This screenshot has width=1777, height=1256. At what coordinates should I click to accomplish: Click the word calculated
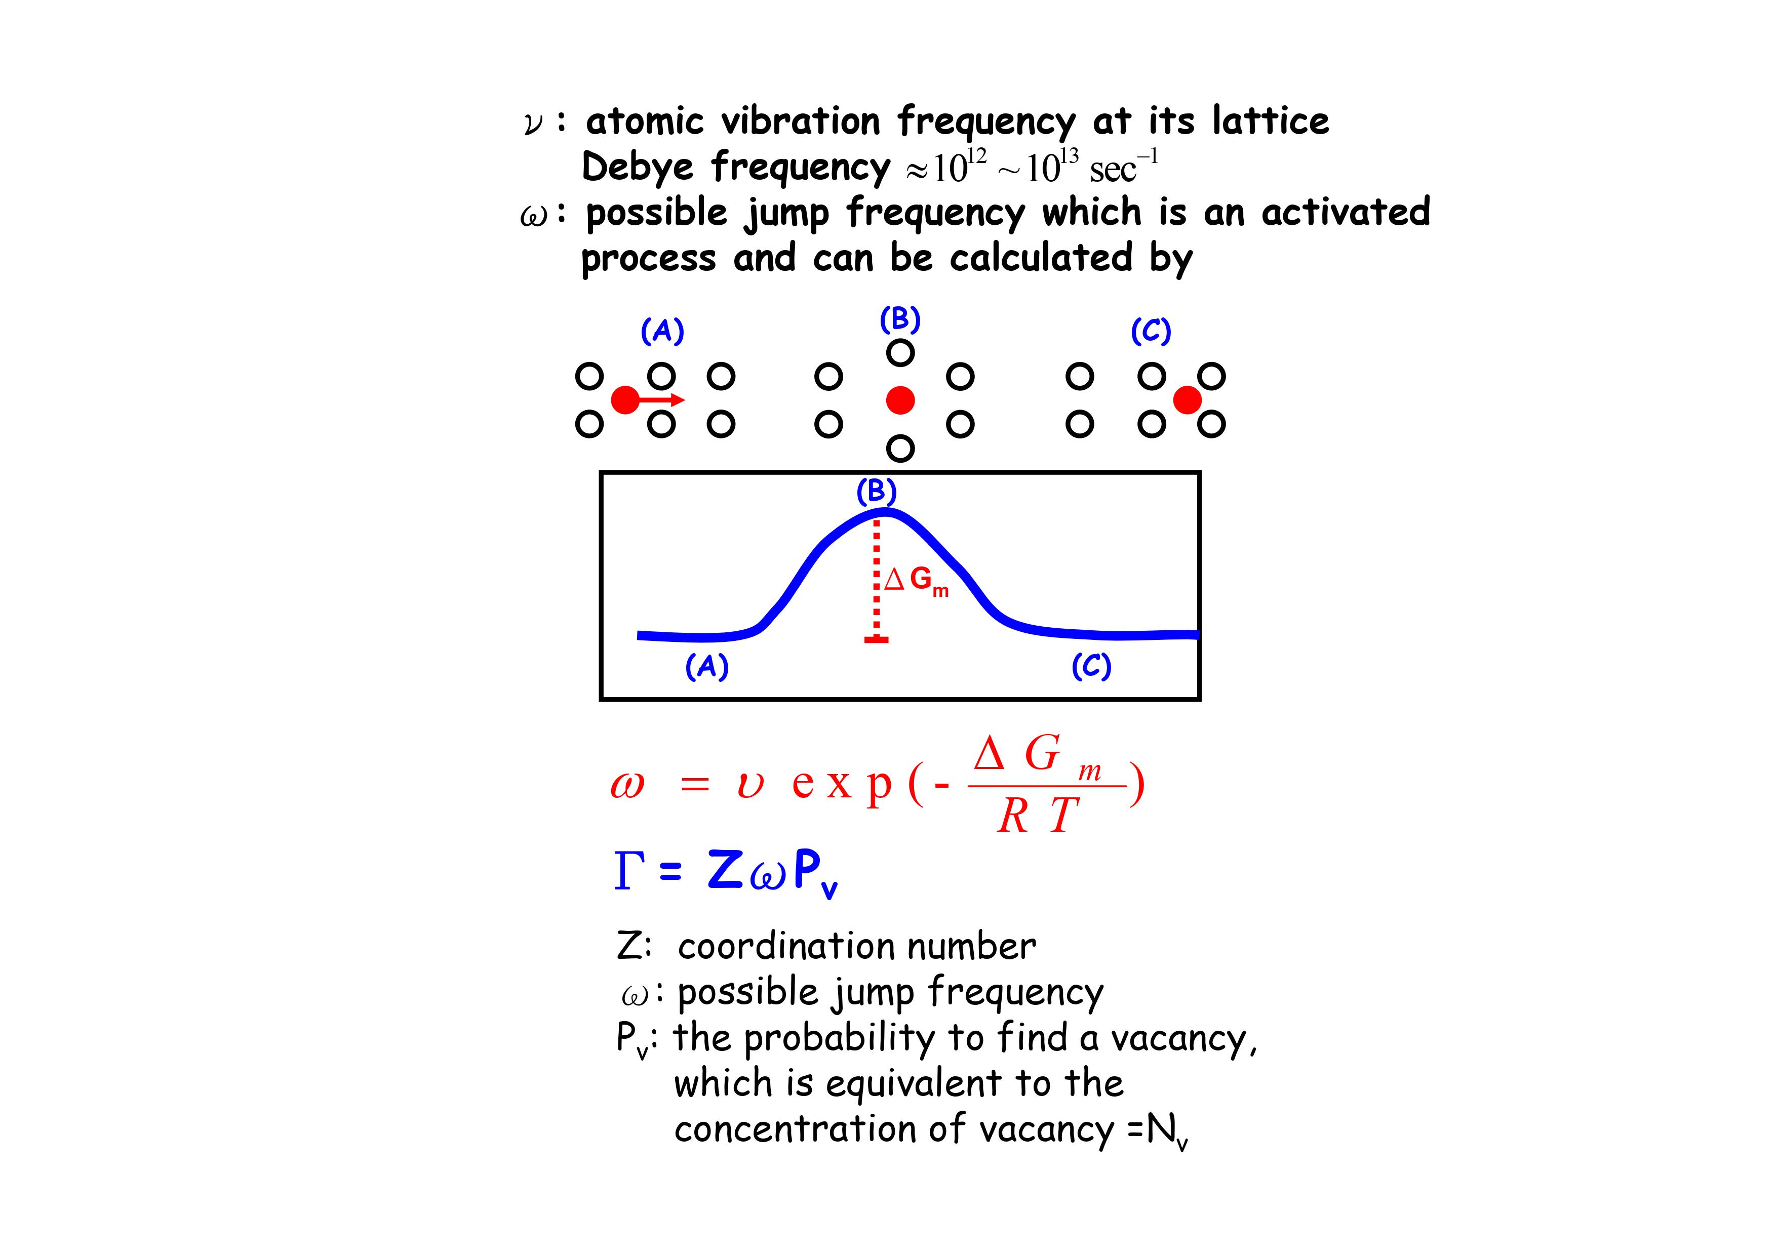1041,257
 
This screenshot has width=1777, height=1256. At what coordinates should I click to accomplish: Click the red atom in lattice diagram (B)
900,400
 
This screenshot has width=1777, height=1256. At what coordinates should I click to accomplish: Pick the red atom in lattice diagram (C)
1187,400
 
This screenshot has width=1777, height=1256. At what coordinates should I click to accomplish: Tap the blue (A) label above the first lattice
662,331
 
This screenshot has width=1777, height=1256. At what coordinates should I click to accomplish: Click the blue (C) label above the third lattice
1151,331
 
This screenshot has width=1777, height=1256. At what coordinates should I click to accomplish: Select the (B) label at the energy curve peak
876,492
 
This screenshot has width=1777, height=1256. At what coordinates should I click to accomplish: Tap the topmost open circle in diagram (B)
900,353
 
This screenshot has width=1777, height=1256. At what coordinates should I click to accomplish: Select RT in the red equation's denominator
1038,815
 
